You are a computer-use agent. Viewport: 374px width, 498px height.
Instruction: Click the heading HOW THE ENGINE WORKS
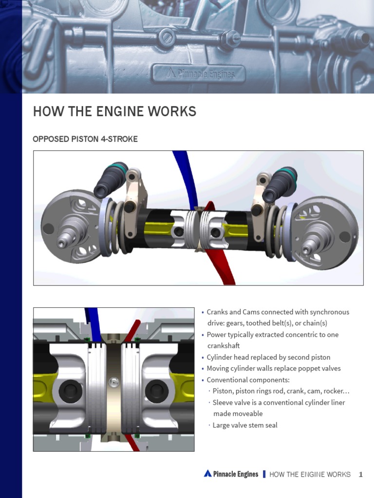[x=114, y=111]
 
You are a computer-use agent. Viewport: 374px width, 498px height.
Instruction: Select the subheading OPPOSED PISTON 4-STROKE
[x=85, y=139]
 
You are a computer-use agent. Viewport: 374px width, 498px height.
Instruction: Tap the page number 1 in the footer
[x=361, y=474]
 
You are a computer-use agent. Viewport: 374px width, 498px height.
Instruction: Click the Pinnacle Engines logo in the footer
[x=231, y=474]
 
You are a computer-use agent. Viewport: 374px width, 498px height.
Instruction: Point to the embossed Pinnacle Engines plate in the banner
[x=198, y=74]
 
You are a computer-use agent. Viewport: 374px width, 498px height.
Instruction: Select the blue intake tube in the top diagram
[x=186, y=175]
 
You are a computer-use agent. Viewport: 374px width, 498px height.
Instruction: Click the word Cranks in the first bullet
[x=218, y=312]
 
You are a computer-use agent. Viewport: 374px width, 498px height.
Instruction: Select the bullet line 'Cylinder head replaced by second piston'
[x=268, y=357]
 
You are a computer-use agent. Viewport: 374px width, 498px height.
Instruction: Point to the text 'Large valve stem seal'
[x=245, y=426]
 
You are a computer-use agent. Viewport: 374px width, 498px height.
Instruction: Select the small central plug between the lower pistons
[x=114, y=382]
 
